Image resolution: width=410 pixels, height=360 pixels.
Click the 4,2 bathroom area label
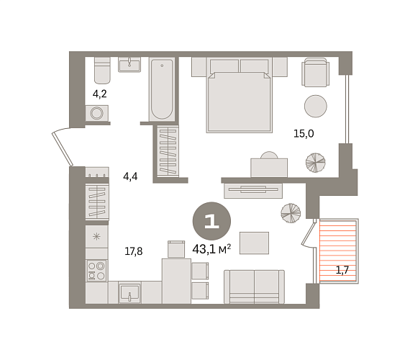click(x=100, y=94)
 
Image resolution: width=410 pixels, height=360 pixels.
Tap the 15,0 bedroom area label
click(x=304, y=133)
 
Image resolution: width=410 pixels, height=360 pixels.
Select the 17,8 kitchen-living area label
click(x=133, y=251)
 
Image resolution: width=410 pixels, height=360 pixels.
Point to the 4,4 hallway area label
click(x=130, y=176)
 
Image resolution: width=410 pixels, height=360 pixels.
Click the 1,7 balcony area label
click(x=342, y=270)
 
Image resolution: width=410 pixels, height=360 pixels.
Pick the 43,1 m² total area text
click(x=211, y=249)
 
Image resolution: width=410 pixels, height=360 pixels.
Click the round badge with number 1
click(x=211, y=221)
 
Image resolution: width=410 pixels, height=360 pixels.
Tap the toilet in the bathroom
click(x=102, y=70)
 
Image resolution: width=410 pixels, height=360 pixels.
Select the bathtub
click(x=162, y=89)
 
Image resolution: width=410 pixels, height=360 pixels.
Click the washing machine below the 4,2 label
click(x=97, y=113)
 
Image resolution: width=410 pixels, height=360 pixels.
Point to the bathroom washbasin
click(x=129, y=64)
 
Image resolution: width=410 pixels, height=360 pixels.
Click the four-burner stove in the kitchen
click(x=96, y=271)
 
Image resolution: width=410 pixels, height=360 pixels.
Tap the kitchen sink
click(x=129, y=292)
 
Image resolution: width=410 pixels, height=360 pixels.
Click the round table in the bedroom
click(x=316, y=106)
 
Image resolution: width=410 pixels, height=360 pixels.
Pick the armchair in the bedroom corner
click(x=315, y=72)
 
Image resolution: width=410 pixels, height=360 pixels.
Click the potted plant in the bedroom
click(x=316, y=163)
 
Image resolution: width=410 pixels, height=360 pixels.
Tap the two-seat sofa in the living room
click(x=254, y=287)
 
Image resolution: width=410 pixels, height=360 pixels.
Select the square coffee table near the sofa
click(x=254, y=243)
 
